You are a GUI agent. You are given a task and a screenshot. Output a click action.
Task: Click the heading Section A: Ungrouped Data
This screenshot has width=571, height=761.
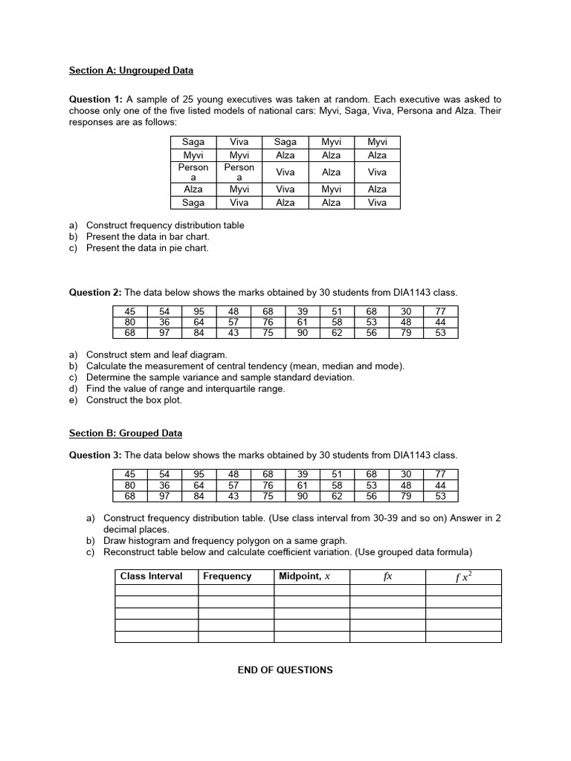(131, 71)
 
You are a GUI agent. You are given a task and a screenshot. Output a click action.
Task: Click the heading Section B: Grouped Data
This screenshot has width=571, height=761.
(125, 433)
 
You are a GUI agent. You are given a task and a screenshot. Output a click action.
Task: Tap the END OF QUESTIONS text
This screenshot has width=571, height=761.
(285, 670)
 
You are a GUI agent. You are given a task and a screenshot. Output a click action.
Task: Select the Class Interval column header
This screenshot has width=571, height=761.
(152, 576)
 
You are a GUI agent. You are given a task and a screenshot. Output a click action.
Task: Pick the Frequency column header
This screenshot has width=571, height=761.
(227, 576)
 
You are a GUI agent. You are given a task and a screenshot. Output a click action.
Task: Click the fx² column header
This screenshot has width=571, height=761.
(463, 577)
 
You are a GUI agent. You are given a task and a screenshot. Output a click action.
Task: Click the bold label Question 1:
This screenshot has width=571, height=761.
(96, 99)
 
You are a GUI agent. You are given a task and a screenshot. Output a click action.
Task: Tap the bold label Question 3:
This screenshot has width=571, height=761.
(96, 455)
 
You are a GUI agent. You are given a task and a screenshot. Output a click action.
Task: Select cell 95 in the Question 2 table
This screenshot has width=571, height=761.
(199, 311)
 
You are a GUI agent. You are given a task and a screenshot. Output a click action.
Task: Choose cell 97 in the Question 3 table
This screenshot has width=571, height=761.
(164, 496)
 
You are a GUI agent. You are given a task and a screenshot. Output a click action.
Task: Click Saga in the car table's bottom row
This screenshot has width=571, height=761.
(193, 202)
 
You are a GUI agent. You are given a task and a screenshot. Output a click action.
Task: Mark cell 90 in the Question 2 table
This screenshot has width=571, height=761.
(303, 333)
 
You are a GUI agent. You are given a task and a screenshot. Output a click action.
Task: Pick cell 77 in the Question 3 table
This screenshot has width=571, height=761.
(439, 474)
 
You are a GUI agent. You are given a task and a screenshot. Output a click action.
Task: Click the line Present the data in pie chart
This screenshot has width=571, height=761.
(147, 248)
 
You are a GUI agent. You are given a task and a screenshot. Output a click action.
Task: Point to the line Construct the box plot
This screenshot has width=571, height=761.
(134, 400)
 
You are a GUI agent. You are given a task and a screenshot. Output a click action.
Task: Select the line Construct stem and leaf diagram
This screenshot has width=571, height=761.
(156, 355)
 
